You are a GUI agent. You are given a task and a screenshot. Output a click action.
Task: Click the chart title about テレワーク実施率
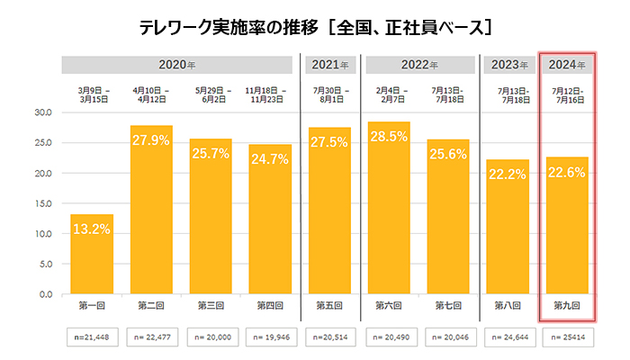pyautogui.click(x=315, y=28)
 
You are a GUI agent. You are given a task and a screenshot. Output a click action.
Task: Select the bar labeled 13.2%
pyautogui.click(x=92, y=254)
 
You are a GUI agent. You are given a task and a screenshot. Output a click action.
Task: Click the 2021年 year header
pyautogui.click(x=329, y=65)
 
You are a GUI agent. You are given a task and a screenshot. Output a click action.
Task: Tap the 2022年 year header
pyautogui.click(x=418, y=65)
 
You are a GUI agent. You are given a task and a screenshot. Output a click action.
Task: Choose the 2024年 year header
pyautogui.click(x=567, y=65)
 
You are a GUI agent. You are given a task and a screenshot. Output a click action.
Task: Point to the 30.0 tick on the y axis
pyautogui.click(x=42, y=112)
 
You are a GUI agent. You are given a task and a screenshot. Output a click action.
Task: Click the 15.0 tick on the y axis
pyautogui.click(x=42, y=203)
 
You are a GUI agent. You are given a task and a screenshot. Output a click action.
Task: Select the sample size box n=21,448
pyautogui.click(x=92, y=338)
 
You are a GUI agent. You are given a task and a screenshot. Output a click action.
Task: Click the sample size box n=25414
pyautogui.click(x=567, y=338)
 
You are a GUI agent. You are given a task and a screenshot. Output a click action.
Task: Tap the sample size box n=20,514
pyautogui.click(x=329, y=338)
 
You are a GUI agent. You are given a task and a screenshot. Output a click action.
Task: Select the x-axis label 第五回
pyautogui.click(x=329, y=306)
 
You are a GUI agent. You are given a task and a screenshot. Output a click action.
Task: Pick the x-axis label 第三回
pyautogui.click(x=211, y=306)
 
